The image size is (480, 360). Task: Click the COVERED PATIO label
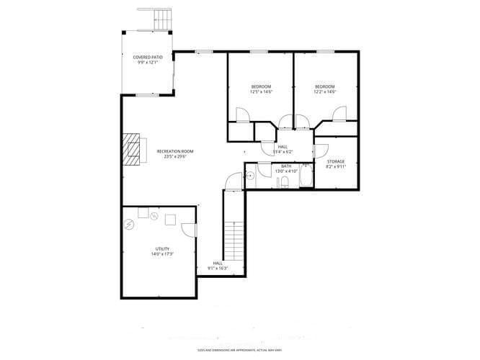tap(147, 56)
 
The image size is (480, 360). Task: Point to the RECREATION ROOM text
tap(175, 151)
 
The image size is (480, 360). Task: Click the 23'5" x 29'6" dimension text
tap(175, 157)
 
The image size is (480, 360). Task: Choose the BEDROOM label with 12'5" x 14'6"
tap(261, 87)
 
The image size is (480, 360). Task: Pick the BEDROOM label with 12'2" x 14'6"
tap(324, 87)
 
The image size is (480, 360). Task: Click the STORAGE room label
tap(336, 161)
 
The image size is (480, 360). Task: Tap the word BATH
tap(286, 166)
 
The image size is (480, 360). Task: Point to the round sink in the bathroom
tap(250, 175)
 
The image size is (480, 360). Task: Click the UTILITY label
tap(161, 249)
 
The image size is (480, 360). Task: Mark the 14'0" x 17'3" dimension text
tap(161, 255)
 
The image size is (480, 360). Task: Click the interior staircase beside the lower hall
tap(234, 242)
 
